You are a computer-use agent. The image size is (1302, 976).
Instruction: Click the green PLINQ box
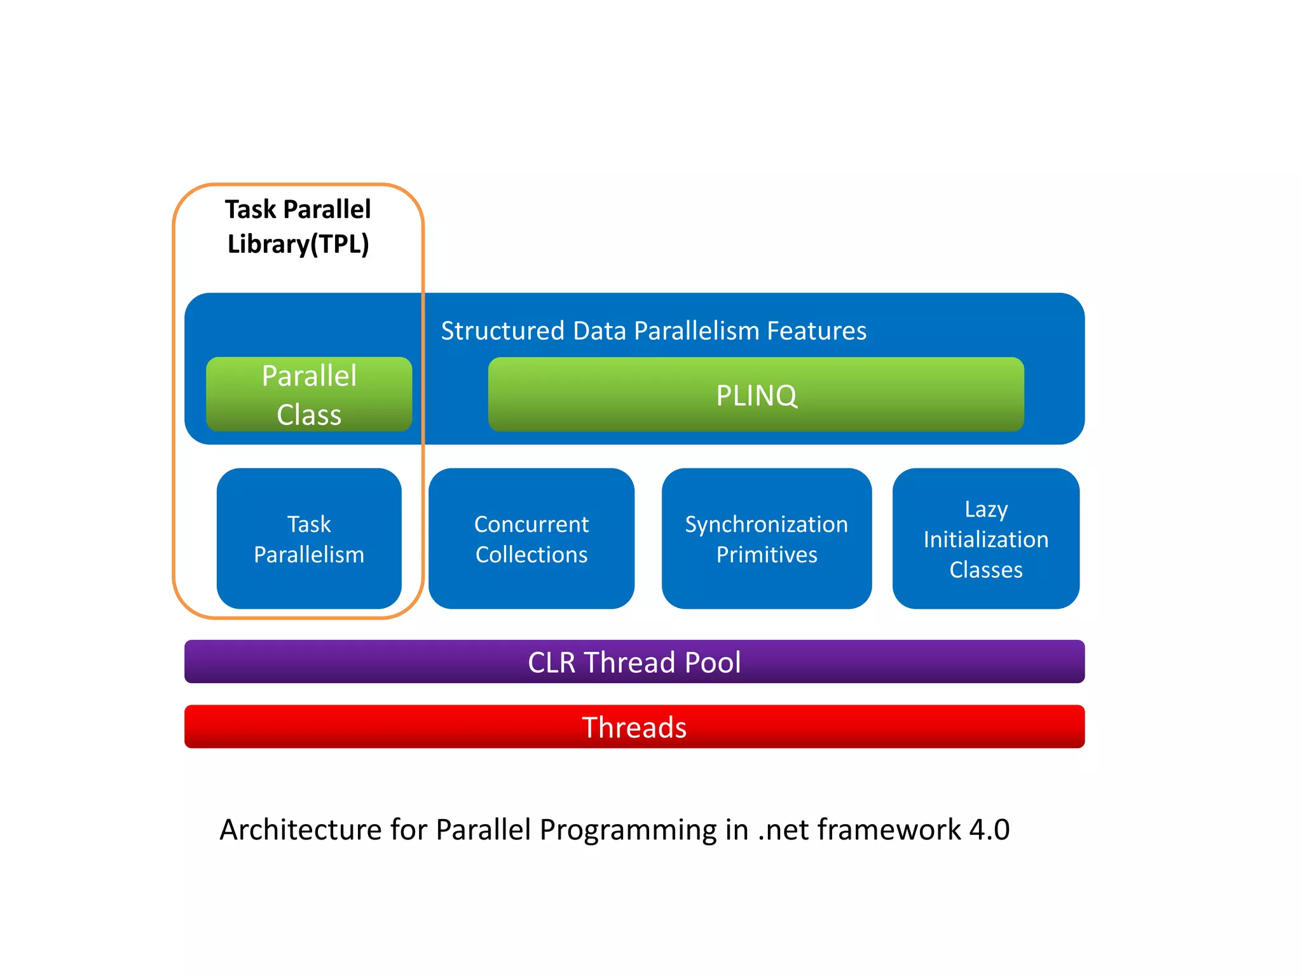coord(755,395)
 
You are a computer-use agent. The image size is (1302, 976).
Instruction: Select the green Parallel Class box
coord(309,395)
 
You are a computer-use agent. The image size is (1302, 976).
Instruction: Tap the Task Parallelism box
coord(309,539)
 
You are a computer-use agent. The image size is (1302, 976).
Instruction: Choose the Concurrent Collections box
coord(531,539)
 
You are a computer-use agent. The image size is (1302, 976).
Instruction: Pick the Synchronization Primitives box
coord(766,539)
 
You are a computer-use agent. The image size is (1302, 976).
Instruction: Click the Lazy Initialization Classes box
coord(985,539)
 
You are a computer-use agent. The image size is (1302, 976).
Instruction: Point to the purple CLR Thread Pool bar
coord(634,662)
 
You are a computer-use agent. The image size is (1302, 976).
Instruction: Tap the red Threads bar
coord(634,727)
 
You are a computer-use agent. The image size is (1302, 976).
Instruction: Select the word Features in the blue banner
coord(816,331)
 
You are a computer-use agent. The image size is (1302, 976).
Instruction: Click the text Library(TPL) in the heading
coord(298,244)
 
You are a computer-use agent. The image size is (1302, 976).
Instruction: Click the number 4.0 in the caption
coord(989,830)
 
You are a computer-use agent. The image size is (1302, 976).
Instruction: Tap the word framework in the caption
coord(889,830)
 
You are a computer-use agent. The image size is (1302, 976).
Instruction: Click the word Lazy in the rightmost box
coord(985,509)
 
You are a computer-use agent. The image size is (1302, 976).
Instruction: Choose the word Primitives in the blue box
coord(767,555)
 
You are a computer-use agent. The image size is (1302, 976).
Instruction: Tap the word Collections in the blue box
coord(531,555)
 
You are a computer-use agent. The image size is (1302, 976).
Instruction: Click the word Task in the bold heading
coord(250,210)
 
